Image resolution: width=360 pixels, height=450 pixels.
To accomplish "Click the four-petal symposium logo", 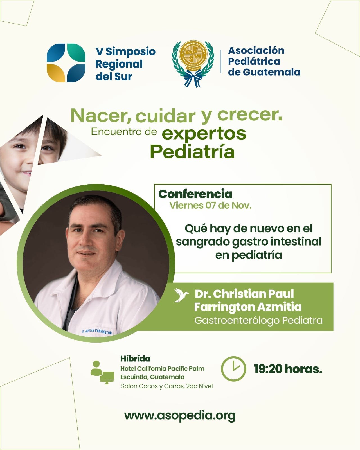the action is (66, 63).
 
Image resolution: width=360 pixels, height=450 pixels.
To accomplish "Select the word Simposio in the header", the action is (130, 52).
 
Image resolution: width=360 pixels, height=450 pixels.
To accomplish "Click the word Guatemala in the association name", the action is (272, 72).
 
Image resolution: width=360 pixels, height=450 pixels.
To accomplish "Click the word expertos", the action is (204, 134).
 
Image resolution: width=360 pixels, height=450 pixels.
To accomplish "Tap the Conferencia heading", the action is (195, 194).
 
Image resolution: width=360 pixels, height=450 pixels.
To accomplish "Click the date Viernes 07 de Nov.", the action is (210, 206).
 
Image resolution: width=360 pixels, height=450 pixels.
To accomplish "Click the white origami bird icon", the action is (181, 295).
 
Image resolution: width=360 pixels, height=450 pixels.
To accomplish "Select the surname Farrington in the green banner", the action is (224, 307).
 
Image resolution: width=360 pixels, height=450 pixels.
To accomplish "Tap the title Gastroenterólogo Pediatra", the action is (258, 321).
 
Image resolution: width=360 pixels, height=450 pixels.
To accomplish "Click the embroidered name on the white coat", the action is (96, 332).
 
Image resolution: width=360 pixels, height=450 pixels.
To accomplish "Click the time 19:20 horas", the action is (288, 375).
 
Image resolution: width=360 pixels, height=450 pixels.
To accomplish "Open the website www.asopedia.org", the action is (180, 422).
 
